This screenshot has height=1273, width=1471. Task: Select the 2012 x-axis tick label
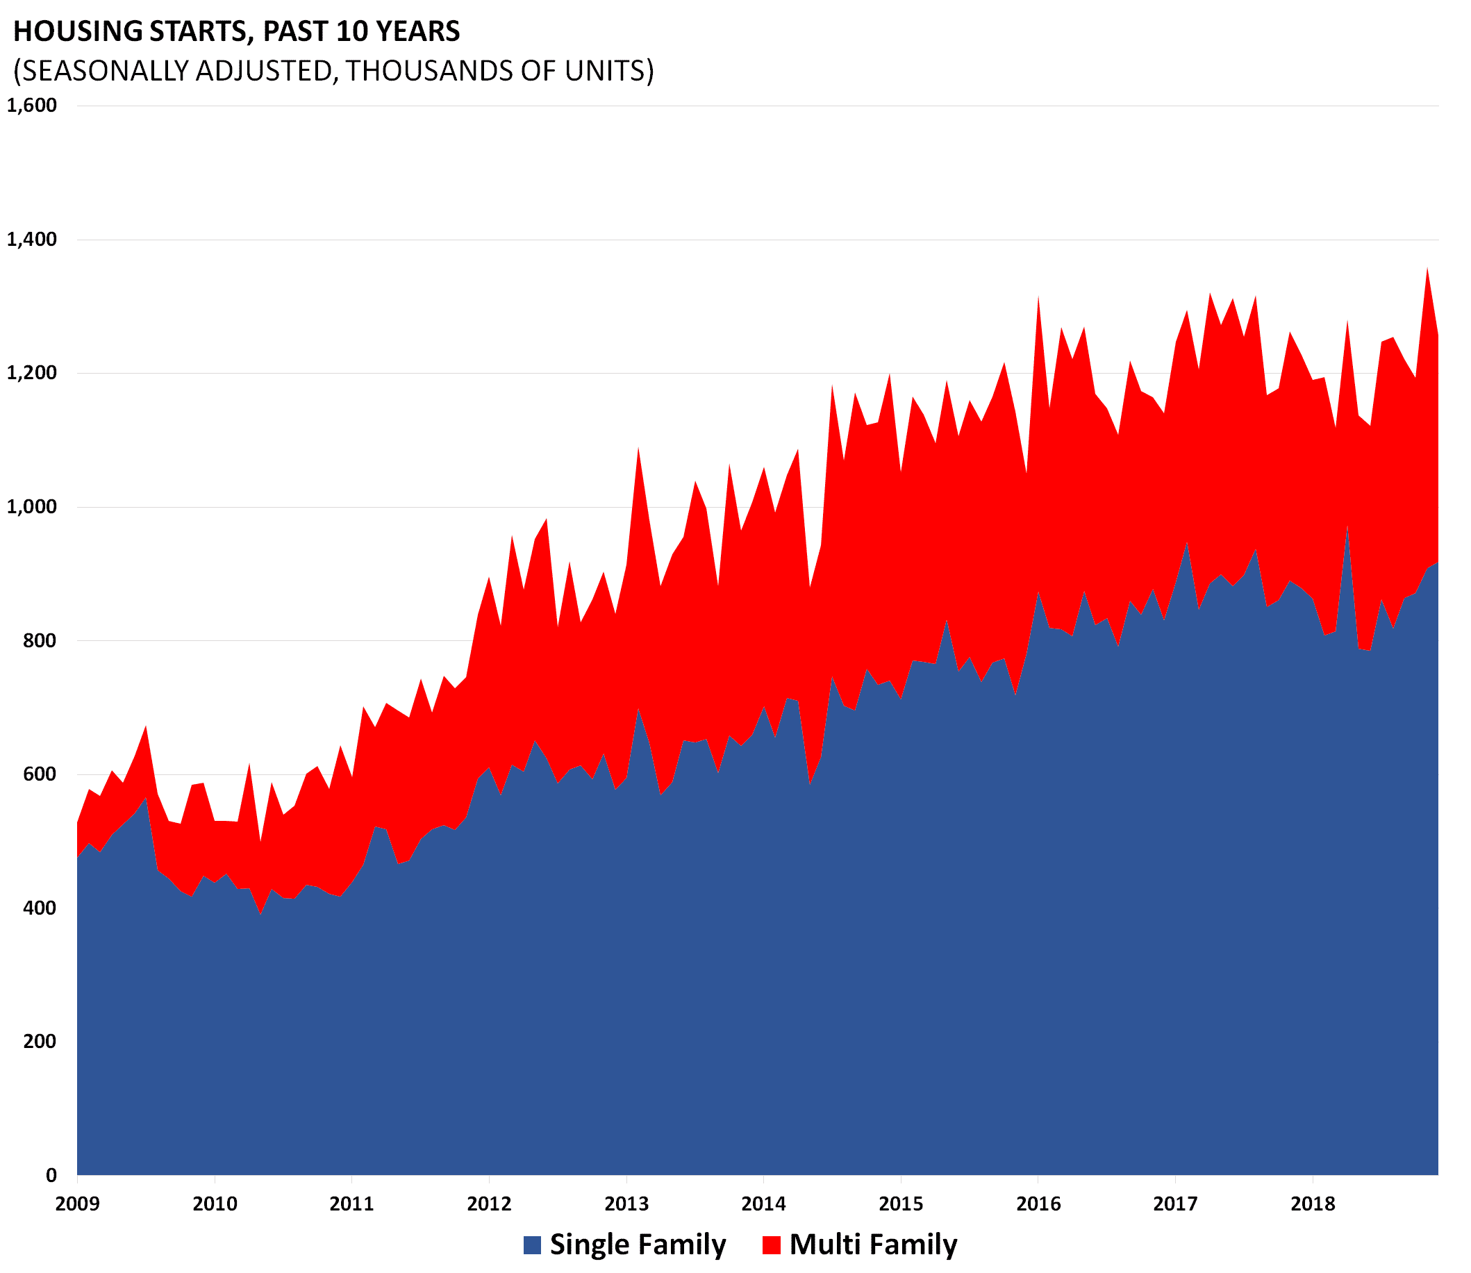(489, 1204)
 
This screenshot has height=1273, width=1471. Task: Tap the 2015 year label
(901, 1204)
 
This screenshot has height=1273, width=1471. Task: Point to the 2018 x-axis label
(1313, 1204)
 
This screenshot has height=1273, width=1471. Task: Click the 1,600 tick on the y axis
(31, 106)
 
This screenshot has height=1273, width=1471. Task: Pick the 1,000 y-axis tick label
(31, 507)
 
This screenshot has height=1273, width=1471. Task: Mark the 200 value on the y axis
(40, 1042)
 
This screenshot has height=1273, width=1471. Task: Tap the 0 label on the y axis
(51, 1176)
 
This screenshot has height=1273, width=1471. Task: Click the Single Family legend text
(637, 1245)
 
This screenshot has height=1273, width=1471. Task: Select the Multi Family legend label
(873, 1245)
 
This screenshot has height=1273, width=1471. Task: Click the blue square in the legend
(532, 1245)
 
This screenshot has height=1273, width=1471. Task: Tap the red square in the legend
(771, 1245)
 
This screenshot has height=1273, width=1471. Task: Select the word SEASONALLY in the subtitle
(100, 71)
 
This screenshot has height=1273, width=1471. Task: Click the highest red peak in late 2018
(1427, 270)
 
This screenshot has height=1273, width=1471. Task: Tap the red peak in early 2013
(638, 449)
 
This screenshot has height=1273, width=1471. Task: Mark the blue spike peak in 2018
(1347, 528)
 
